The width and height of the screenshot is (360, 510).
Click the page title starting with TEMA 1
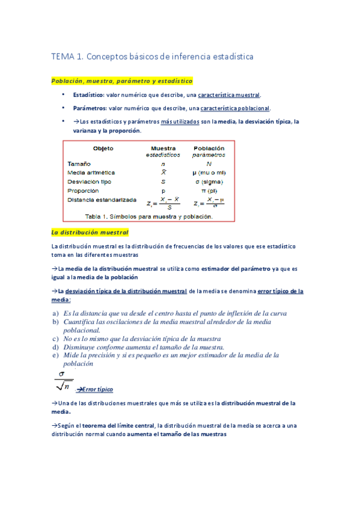(x=152, y=57)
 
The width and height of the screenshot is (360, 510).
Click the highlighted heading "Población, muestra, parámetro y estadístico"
(x=122, y=81)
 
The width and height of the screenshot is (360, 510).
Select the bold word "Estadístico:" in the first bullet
(x=89, y=95)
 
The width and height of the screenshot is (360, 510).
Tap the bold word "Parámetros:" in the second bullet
(x=89, y=108)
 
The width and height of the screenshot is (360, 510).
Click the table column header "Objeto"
(x=103, y=149)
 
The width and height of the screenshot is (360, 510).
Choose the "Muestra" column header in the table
(x=163, y=148)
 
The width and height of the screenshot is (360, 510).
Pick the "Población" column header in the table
(x=209, y=148)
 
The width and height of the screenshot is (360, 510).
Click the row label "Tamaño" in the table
(x=79, y=164)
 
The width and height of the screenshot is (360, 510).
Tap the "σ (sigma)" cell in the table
(x=209, y=182)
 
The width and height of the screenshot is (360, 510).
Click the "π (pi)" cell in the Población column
(x=209, y=191)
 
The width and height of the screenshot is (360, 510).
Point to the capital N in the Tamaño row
(x=209, y=164)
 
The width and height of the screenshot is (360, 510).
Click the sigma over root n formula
(x=63, y=382)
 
